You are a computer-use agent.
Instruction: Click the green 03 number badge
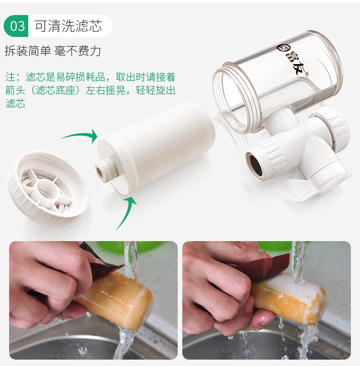[16, 26]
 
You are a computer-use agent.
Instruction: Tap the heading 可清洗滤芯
[68, 26]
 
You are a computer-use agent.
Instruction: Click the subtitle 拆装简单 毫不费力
[53, 51]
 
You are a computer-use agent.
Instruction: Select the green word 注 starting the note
[10, 77]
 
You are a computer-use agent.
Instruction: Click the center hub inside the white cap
[47, 190]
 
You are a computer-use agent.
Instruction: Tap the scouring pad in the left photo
[103, 261]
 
